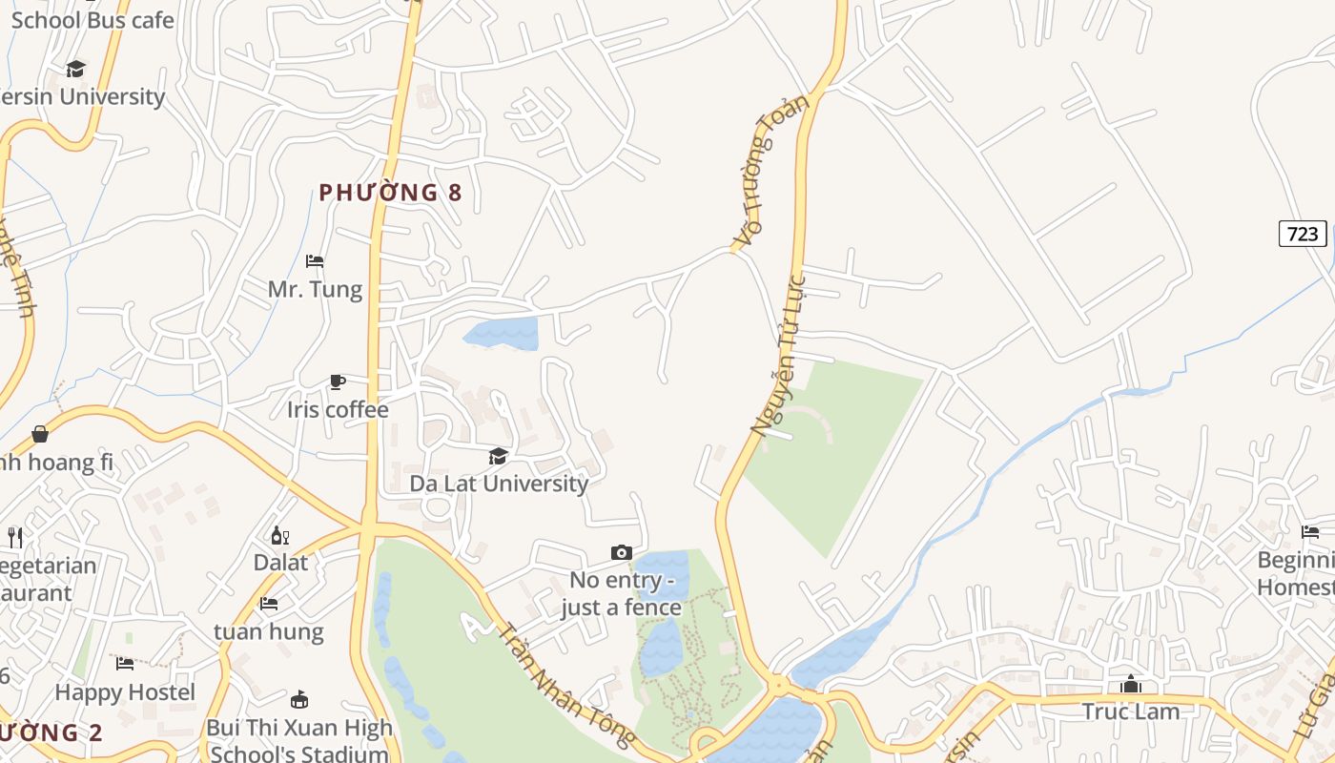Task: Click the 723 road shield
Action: coord(1302,234)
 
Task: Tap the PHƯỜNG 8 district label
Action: coord(390,193)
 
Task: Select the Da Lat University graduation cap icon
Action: coord(498,457)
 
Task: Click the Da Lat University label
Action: coord(499,484)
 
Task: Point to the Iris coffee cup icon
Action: coord(337,382)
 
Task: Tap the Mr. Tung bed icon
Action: coord(315,261)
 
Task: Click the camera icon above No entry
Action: coord(621,553)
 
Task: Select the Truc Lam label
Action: coord(1130,711)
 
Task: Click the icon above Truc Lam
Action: coord(1131,685)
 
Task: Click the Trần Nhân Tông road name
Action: coord(566,684)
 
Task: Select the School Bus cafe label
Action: coord(92,20)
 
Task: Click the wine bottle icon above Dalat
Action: coord(280,536)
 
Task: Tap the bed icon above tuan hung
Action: coord(269,604)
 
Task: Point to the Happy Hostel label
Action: coord(125,692)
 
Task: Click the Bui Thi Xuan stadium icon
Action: coord(299,699)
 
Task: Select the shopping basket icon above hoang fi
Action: coord(40,435)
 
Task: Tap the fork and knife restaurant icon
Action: coord(14,538)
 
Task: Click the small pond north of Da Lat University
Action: coord(503,333)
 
